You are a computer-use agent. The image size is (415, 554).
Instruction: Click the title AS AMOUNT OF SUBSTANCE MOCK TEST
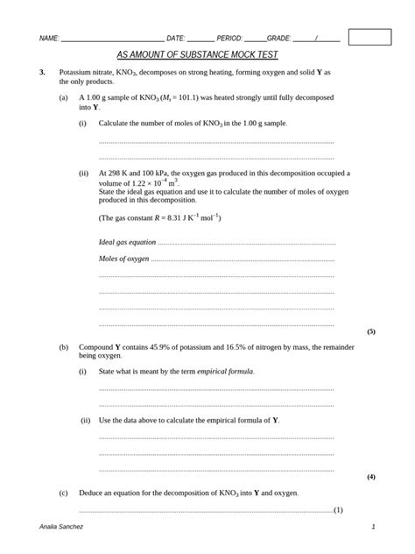tap(197, 53)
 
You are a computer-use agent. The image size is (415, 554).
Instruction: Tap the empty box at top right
tap(369, 36)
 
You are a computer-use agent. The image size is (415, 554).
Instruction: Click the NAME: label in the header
tap(49, 39)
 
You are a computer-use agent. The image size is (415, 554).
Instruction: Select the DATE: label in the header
tap(175, 39)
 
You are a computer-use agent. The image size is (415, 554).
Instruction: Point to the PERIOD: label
tap(229, 39)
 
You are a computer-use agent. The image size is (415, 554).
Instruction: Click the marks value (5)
tap(371, 332)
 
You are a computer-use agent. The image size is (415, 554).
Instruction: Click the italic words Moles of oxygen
tap(124, 259)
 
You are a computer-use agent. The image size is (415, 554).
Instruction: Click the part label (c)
tap(64, 494)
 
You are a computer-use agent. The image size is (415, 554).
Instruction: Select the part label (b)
tap(64, 347)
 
